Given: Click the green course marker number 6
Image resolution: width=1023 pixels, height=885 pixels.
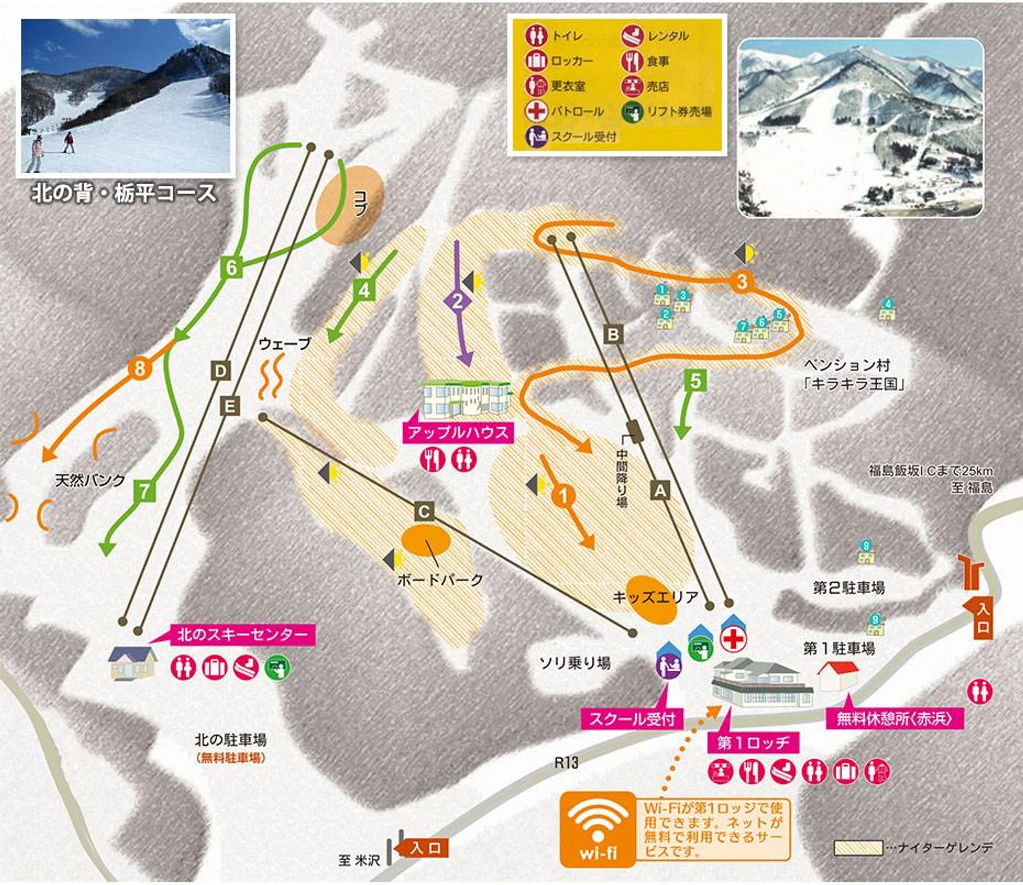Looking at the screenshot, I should pos(231,267).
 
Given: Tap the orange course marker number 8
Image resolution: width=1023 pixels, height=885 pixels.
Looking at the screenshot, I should pos(139,368).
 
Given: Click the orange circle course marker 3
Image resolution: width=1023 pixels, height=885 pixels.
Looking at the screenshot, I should pos(742,281).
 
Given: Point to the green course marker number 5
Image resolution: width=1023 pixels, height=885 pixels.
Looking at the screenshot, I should pos(696,381).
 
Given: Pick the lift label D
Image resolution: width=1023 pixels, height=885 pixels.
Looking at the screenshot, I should pos(220,371).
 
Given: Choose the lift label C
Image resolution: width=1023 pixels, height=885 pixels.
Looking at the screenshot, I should pos(424,512).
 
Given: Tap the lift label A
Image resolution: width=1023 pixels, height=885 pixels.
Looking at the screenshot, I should pos(660,491).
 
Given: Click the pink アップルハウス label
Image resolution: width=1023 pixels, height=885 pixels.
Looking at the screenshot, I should pos(458,433).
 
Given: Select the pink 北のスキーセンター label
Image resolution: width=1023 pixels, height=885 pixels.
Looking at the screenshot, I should pos(242,635).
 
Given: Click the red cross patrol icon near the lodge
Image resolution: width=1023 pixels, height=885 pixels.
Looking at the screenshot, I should pos(733,640).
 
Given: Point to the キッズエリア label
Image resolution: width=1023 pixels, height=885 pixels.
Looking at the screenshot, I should pos(655,597).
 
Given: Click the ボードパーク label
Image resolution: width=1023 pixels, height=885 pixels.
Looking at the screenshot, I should pos(440,580).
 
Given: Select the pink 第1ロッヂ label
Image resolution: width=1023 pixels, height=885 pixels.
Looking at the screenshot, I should pos(753,742).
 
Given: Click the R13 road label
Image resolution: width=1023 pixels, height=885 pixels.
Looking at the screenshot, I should pos(566,763).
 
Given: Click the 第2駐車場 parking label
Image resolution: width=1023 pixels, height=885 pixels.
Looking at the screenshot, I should pos(849,587).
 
